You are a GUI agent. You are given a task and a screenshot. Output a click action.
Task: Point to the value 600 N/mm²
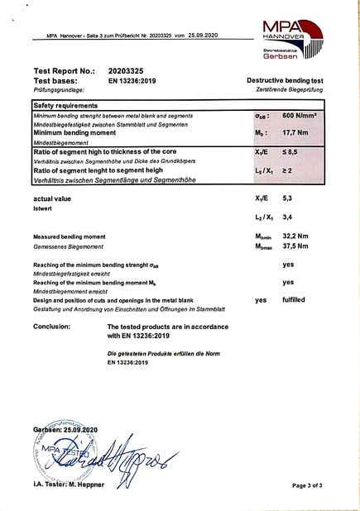[x=300, y=117]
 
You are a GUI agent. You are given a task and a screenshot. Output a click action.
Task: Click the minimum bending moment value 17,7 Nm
[x=295, y=132]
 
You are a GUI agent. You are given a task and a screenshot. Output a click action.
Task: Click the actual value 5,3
[x=288, y=199]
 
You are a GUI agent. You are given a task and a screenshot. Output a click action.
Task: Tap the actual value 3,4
[x=288, y=218]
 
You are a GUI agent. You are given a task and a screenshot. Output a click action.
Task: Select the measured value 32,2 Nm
[x=295, y=236]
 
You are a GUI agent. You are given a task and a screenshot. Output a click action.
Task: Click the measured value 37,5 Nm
[x=295, y=246]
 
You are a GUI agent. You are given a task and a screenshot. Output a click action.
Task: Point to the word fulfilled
[x=295, y=300]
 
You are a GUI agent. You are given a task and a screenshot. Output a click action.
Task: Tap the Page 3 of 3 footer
[x=313, y=485]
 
